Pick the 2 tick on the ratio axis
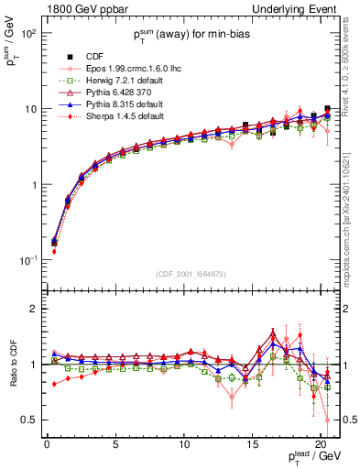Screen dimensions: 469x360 click(31, 309)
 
